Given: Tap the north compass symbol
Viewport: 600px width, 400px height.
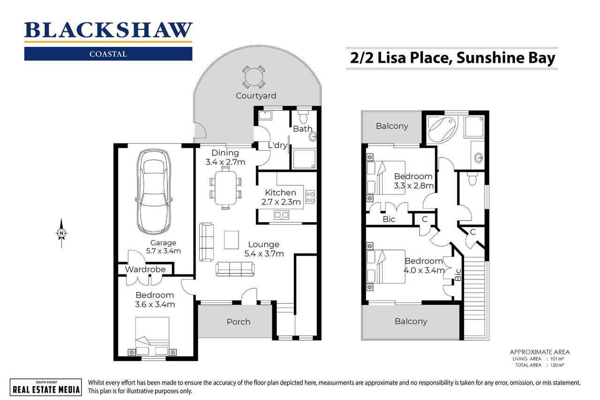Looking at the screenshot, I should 61,233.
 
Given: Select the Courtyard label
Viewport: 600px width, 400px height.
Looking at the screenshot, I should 256,96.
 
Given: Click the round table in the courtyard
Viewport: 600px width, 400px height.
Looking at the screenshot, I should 254,76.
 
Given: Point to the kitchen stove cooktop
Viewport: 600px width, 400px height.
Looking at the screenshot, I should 310,197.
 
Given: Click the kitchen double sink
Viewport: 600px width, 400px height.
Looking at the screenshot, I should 282,215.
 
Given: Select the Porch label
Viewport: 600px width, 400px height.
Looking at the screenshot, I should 238,322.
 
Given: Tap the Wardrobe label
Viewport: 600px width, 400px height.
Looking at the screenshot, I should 145,269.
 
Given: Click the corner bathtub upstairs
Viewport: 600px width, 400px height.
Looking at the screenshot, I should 443,126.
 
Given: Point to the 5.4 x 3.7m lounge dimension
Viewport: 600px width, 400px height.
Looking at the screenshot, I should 264,254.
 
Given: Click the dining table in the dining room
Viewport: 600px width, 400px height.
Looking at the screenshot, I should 225,188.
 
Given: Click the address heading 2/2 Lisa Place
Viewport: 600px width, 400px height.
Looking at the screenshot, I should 452,59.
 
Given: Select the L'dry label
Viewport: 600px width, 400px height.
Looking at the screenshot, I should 277,145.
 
